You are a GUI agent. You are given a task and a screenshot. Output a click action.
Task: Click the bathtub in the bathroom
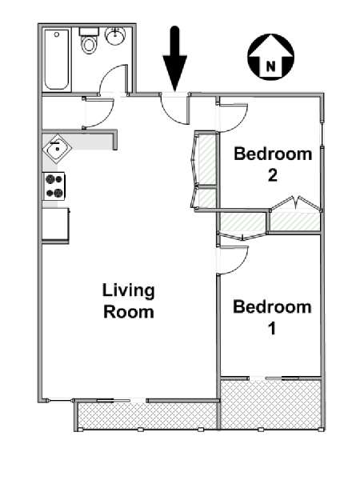57,60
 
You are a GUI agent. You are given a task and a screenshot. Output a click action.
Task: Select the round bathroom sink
115,36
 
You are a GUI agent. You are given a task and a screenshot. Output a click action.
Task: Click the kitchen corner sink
57,149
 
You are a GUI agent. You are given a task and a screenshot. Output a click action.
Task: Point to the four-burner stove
54,186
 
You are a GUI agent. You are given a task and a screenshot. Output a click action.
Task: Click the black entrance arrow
174,58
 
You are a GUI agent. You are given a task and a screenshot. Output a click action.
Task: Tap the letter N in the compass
270,66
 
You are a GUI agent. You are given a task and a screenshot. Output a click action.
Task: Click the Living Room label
129,302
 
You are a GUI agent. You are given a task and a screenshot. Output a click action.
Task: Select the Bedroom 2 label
273,164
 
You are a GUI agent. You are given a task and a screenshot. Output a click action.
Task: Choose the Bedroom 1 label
272,318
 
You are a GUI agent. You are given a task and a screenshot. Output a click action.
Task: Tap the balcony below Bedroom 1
270,404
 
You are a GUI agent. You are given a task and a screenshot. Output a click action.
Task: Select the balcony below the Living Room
147,416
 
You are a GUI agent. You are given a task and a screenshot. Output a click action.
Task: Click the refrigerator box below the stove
56,224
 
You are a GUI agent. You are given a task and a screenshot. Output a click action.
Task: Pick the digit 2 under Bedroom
273,175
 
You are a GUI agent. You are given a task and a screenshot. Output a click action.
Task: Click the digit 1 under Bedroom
272,329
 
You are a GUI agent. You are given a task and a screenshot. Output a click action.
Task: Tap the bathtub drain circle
57,34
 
